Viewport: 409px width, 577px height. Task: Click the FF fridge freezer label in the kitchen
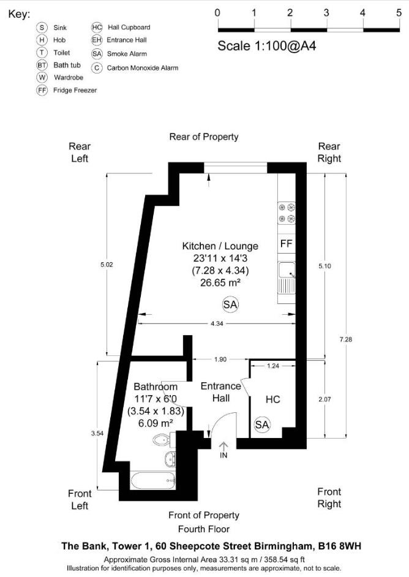pyautogui.click(x=285, y=244)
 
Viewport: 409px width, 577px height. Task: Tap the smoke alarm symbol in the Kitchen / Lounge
pyautogui.click(x=230, y=304)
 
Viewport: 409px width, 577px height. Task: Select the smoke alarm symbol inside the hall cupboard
pyautogui.click(x=262, y=424)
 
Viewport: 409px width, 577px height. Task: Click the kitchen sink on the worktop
pyautogui.click(x=287, y=271)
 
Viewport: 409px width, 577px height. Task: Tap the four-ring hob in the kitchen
pyautogui.click(x=287, y=213)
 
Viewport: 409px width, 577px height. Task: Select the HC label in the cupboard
pyautogui.click(x=272, y=399)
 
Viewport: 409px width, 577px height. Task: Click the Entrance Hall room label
pyautogui.click(x=220, y=392)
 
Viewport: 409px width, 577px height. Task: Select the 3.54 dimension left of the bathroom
pyautogui.click(x=97, y=433)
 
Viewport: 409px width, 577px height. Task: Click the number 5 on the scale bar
pyautogui.click(x=399, y=13)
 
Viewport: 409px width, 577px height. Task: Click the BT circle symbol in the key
pyautogui.click(x=42, y=65)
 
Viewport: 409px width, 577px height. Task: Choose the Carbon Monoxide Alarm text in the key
pyautogui.click(x=143, y=68)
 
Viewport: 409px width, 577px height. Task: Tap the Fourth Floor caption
pyautogui.click(x=204, y=529)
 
